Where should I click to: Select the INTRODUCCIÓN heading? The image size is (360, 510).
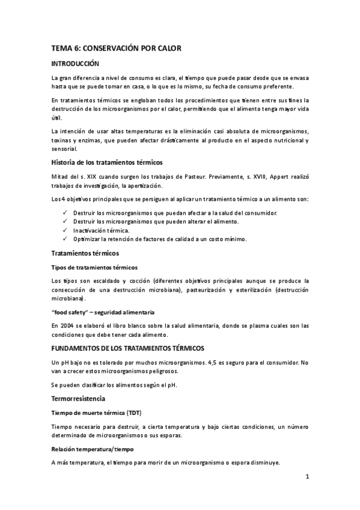75,63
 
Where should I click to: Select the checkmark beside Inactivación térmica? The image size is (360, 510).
65,230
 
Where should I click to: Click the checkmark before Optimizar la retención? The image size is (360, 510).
65,239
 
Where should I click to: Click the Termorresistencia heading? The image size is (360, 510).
79,398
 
